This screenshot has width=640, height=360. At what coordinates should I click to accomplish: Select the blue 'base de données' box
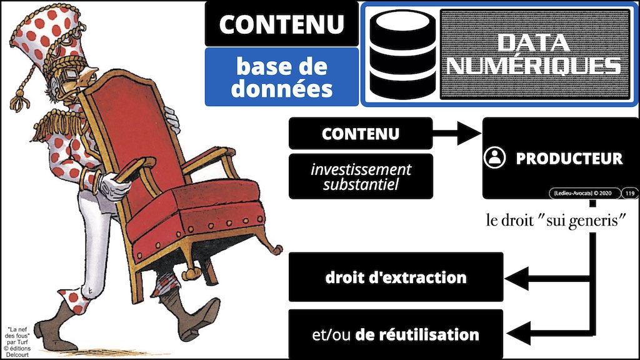point(281,77)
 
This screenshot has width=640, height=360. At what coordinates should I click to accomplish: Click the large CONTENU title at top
point(281,24)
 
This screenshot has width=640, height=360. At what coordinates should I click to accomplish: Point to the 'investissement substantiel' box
point(361,177)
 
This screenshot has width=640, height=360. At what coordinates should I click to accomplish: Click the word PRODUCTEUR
point(569,159)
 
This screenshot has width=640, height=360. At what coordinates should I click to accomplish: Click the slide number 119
point(629,193)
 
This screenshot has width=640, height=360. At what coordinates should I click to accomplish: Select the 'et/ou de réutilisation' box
point(396,334)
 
